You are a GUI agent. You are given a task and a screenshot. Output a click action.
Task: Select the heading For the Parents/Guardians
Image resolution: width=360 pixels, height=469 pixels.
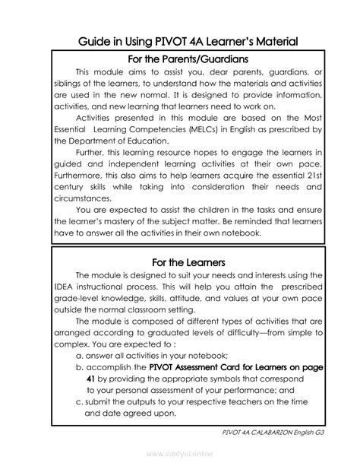coord(179,59)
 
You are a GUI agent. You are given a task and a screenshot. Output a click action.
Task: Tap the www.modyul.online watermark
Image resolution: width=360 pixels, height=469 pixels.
coord(179,455)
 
